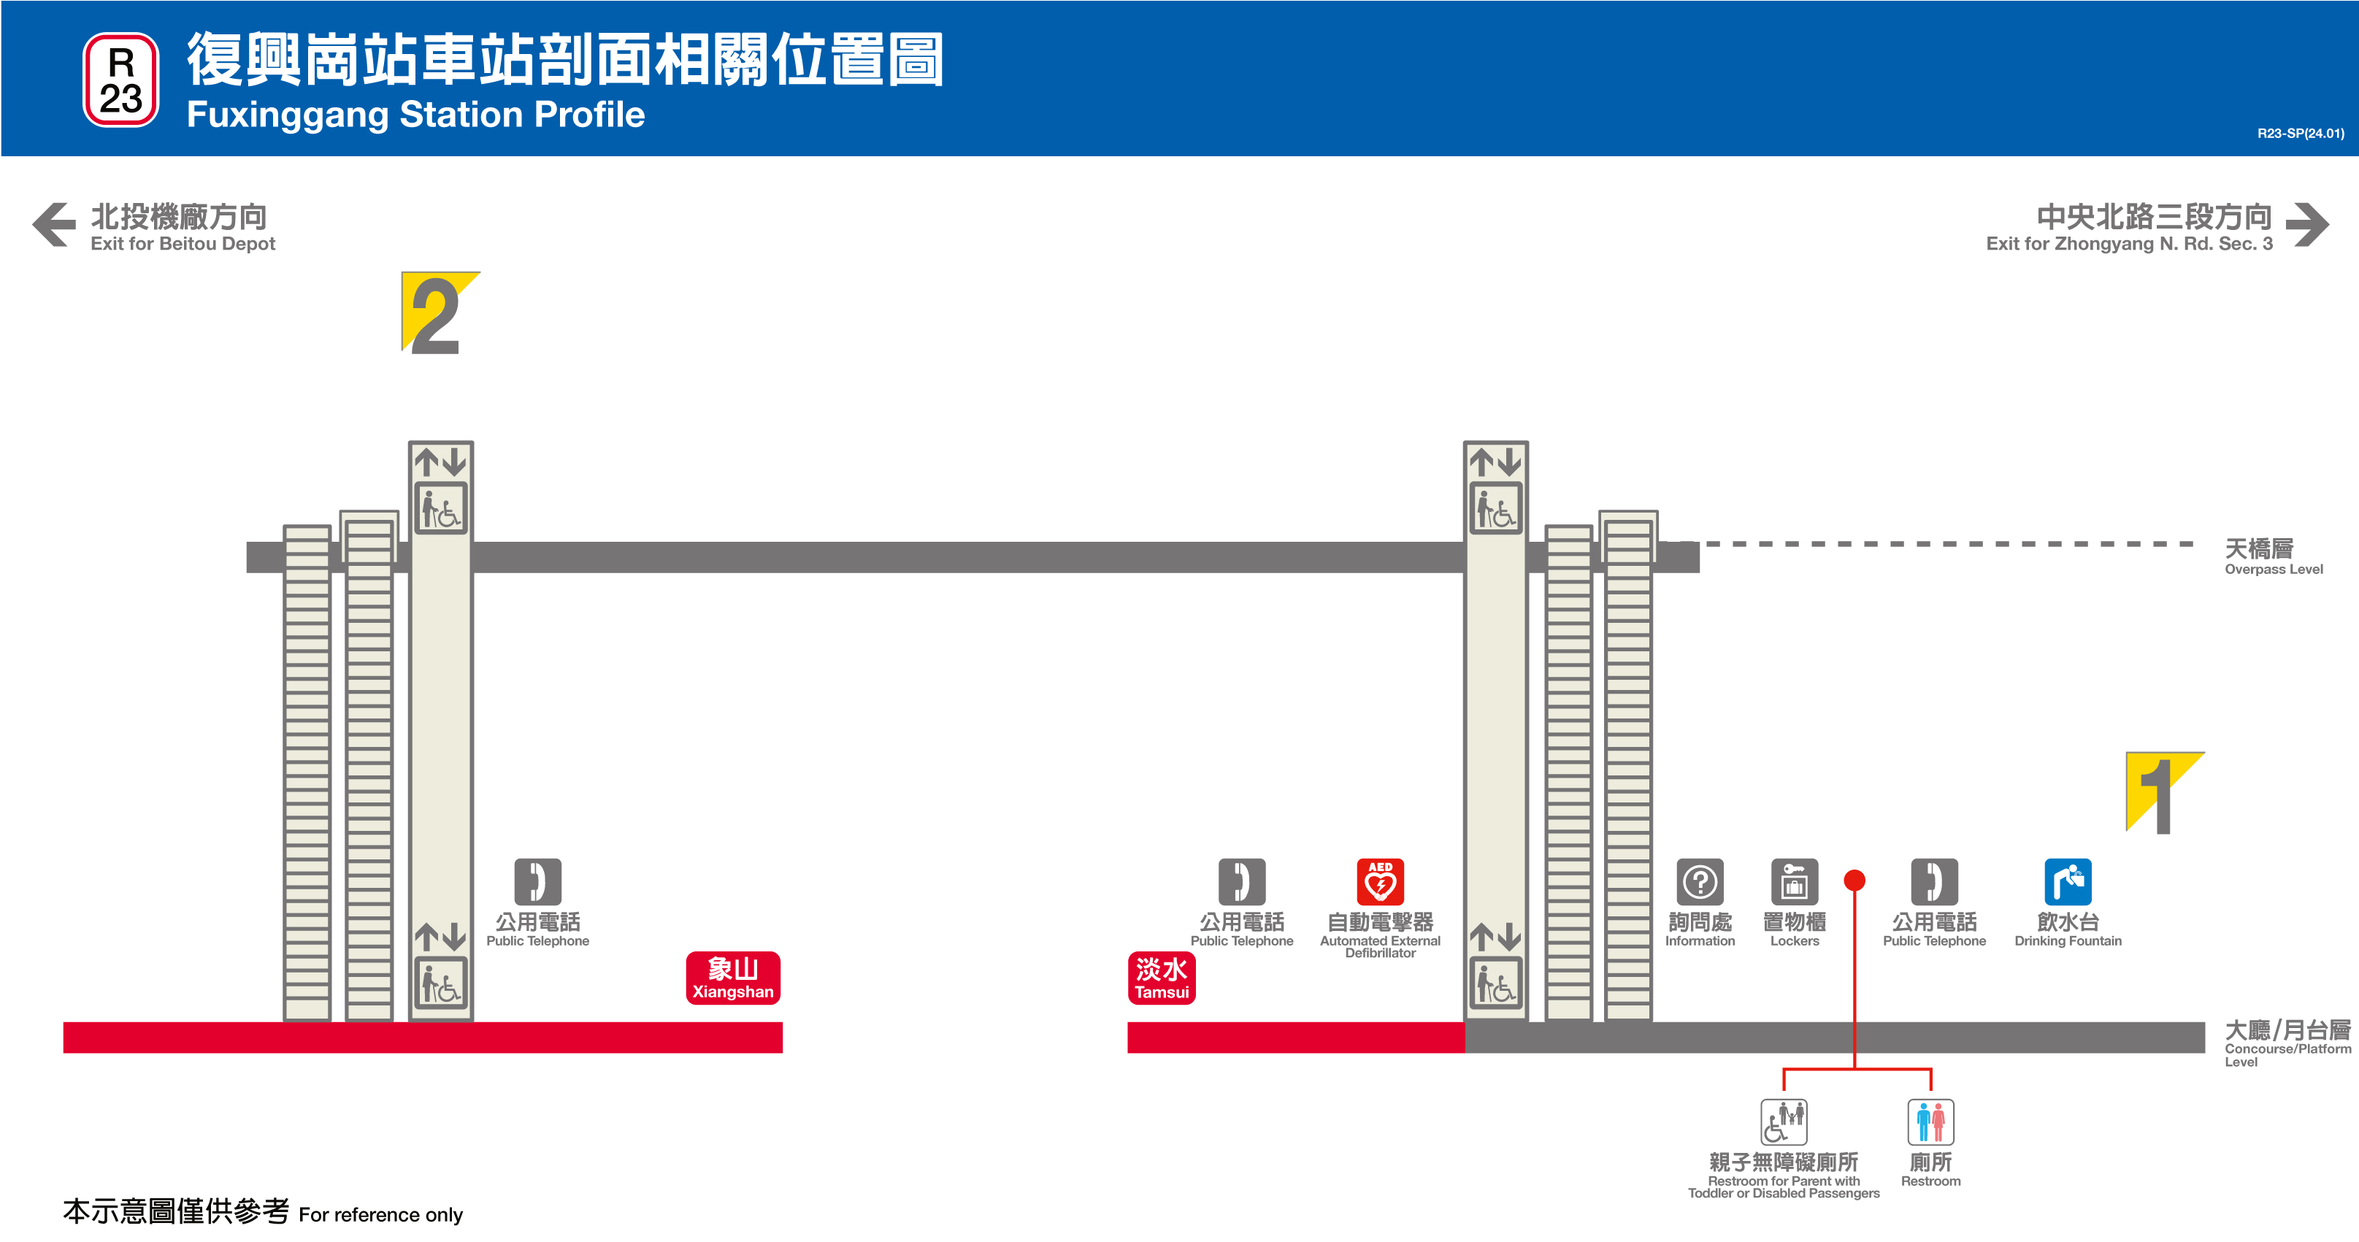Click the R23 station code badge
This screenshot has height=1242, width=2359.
coord(121,80)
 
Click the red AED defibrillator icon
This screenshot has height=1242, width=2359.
coord(1380,881)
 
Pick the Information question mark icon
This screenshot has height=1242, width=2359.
coord(1700,881)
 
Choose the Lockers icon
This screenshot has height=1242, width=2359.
coord(1794,881)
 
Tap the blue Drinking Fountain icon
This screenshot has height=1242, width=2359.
coord(2068,881)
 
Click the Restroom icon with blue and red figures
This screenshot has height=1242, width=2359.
coord(1930,1122)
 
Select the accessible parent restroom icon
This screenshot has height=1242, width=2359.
coord(1783,1122)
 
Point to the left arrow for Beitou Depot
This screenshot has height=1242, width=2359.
coord(54,224)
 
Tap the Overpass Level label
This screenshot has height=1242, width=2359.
coord(2273,556)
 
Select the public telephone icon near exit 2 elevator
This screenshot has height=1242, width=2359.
coord(537,881)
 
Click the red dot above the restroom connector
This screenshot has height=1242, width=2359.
coord(1854,881)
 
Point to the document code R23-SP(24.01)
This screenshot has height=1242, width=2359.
coord(2299,134)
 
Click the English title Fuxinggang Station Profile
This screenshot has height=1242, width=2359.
coord(415,115)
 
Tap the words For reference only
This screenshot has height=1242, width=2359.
coord(381,1214)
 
